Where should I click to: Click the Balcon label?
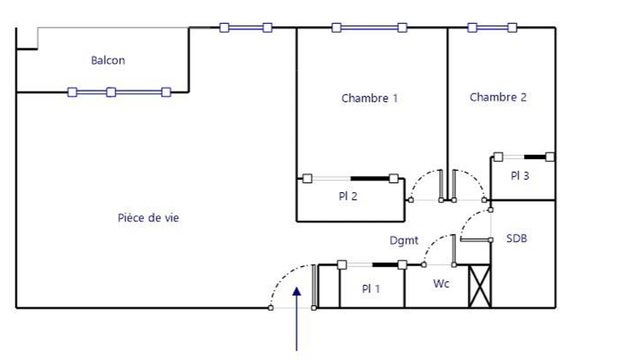(108, 60)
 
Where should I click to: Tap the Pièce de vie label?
(148, 218)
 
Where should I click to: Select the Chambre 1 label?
(369, 98)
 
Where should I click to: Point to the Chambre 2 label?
(498, 97)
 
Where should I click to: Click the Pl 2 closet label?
(348, 196)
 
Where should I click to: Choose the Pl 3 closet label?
(519, 175)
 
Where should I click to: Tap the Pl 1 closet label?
(371, 289)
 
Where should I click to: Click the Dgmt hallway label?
(404, 240)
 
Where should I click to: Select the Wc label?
(441, 283)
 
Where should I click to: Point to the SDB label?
(516, 239)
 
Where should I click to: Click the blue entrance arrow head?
(296, 292)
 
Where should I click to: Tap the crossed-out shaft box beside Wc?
(480, 286)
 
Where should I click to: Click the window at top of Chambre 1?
(369, 27)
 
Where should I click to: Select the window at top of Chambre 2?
(492, 27)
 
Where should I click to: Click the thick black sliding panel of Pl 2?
(369, 179)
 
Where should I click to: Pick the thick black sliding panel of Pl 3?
(535, 157)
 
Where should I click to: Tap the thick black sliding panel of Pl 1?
(385, 264)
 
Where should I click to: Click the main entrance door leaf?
(315, 286)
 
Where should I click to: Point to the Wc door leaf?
(454, 250)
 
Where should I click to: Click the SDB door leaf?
(475, 239)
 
